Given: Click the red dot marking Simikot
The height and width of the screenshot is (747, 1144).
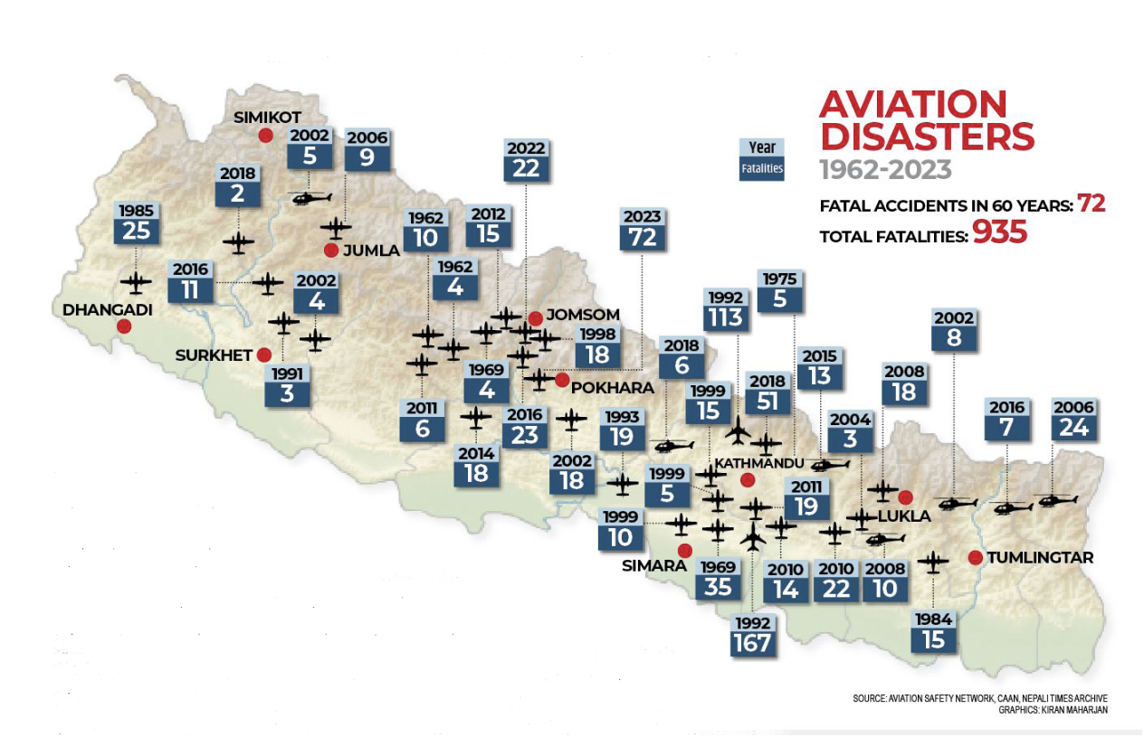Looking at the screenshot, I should tap(265, 135).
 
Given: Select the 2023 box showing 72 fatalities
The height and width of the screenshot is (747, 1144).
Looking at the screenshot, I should tap(642, 228).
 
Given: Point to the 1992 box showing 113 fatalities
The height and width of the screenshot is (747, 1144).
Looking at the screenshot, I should tap(726, 308).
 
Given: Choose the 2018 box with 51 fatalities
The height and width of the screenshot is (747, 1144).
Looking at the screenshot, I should tap(767, 392).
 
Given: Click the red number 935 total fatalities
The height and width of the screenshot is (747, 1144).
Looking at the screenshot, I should tap(999, 232).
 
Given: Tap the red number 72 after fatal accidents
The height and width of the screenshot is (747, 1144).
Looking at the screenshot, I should tap(1091, 203).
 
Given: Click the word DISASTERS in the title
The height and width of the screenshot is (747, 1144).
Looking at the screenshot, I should tap(927, 136).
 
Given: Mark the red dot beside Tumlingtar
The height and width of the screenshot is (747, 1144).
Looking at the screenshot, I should tap(975, 557).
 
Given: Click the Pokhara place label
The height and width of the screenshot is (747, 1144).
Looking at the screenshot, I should tap(613, 387).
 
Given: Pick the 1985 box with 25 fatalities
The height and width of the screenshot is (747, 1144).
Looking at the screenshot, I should tap(136, 222).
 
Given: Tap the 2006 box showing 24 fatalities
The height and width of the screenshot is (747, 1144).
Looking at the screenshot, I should tap(1073, 418).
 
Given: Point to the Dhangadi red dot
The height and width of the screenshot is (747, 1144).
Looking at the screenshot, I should tap(124, 326).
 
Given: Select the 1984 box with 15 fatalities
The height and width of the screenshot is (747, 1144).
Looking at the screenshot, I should tap(934, 630).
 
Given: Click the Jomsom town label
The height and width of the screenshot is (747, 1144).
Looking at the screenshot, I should tap(583, 315).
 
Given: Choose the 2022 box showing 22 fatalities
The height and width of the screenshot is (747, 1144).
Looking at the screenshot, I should tap(525, 159).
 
